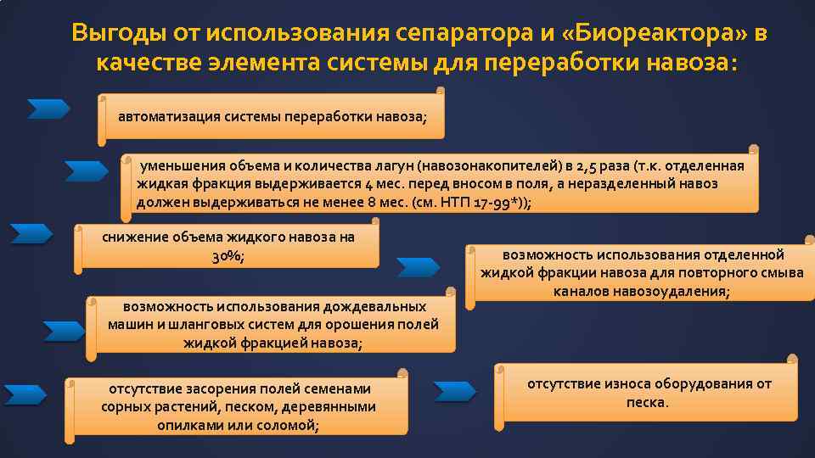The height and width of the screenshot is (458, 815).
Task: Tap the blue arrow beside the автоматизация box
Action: pyautogui.click(x=48, y=109)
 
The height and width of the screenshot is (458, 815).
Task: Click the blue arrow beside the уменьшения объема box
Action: pyautogui.click(x=86, y=170)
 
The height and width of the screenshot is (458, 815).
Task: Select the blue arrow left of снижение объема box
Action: pyautogui.click(x=31, y=233)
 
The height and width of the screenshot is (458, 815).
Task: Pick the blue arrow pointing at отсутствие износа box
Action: pyautogui.click(x=455, y=391)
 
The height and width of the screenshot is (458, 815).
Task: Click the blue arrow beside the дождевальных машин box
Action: pyautogui.click(x=64, y=331)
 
